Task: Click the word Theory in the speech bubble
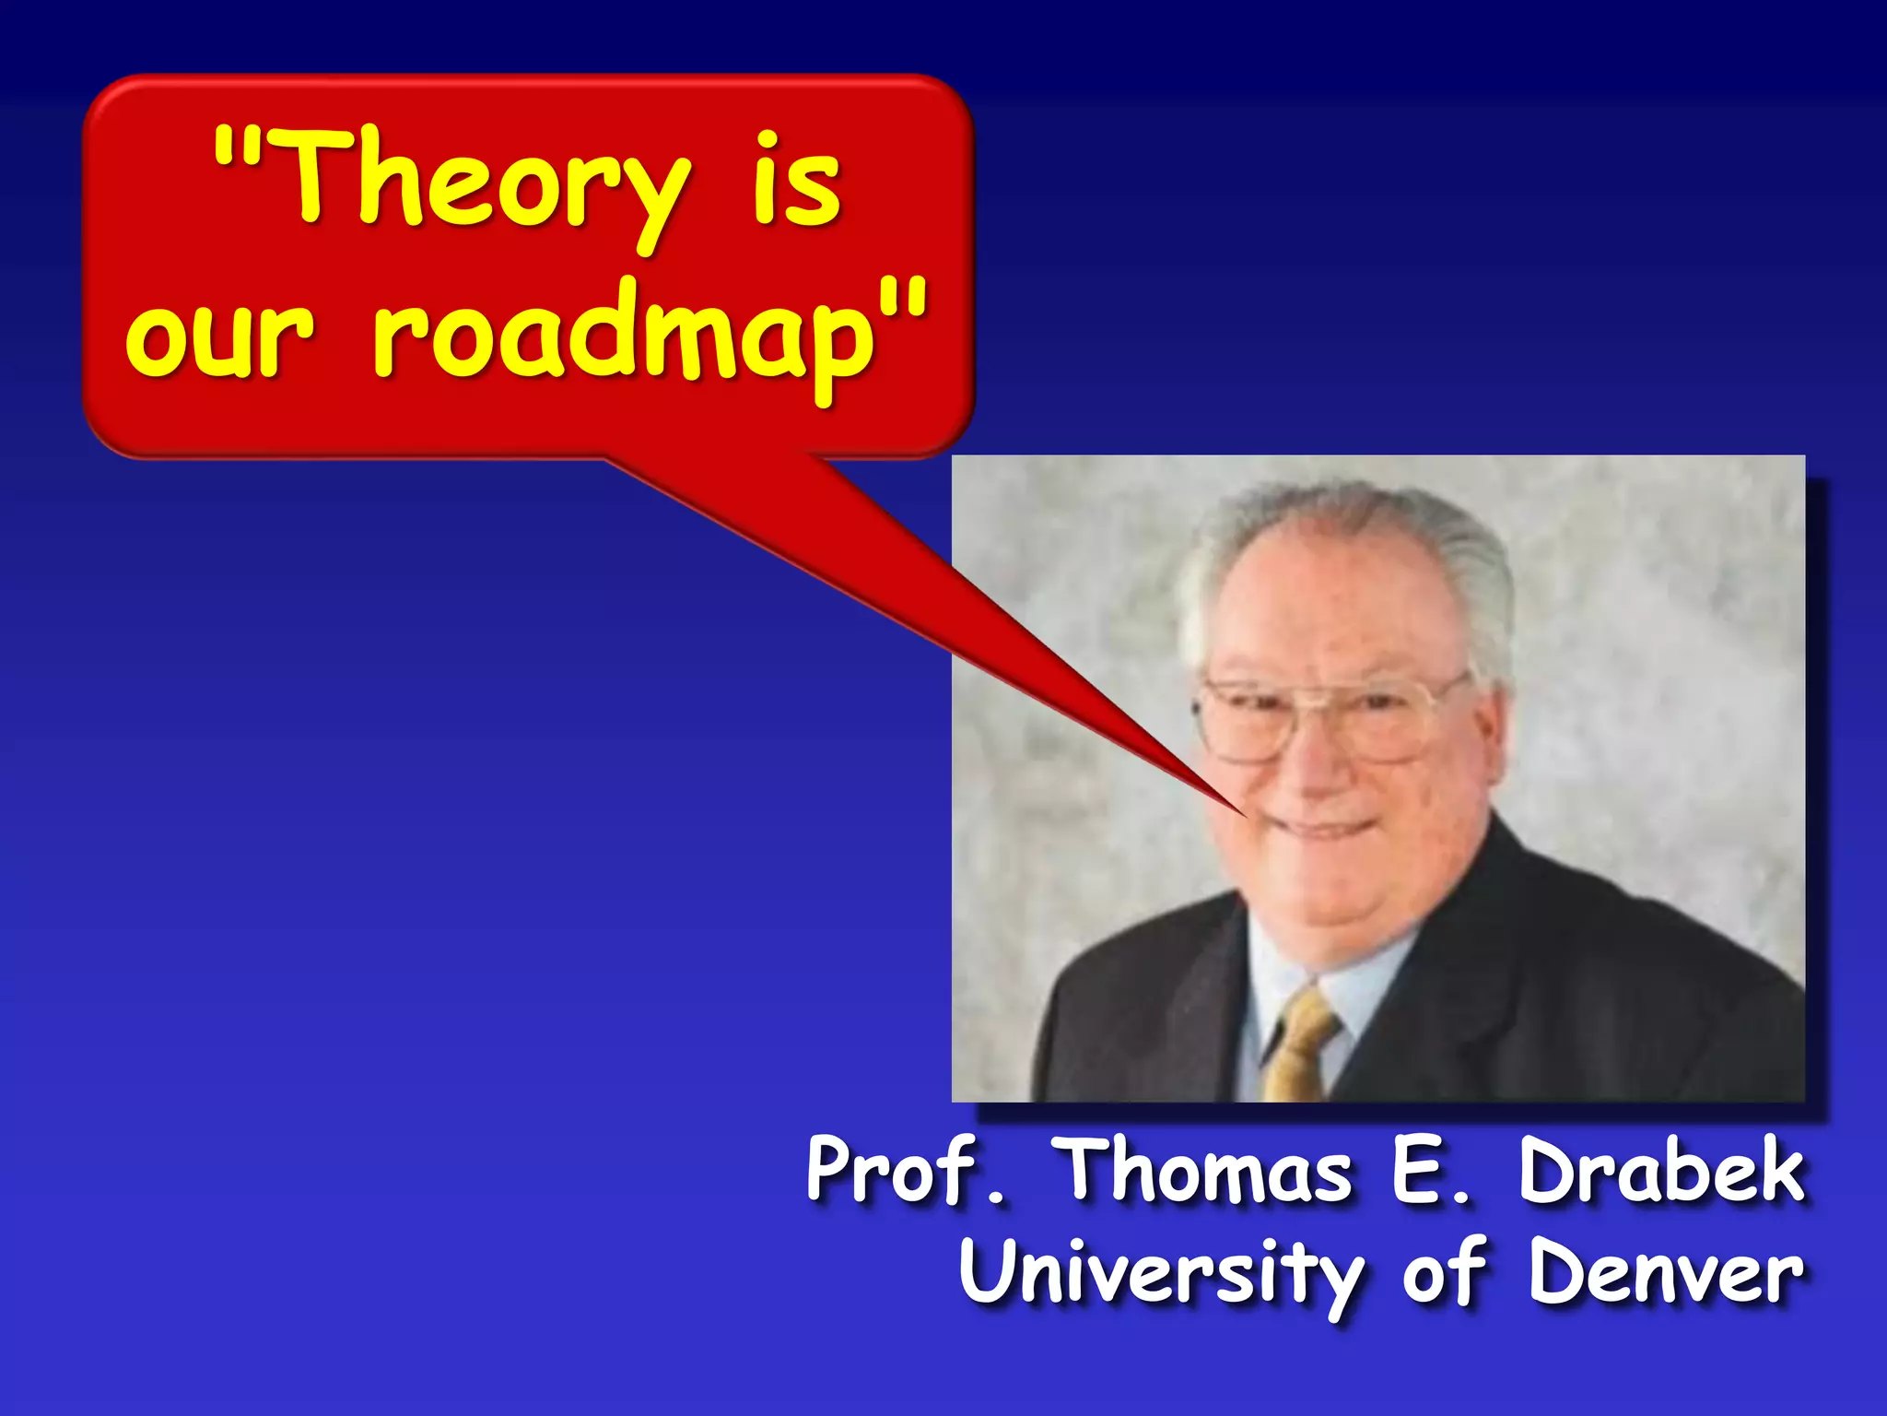[488, 180]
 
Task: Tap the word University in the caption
[1161, 1272]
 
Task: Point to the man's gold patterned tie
[1299, 1042]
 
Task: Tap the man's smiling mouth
[1327, 825]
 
